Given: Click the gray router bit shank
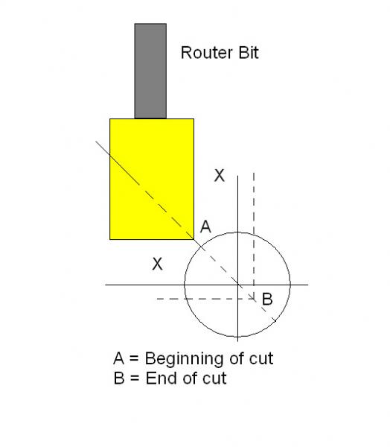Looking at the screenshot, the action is coord(150,71).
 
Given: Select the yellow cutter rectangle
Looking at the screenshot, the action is coord(152,179).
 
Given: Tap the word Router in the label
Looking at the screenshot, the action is coord(207,53).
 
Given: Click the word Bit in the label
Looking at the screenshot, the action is coord(249,53).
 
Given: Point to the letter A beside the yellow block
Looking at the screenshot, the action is coord(205,227).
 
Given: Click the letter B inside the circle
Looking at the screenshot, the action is coord(267,299).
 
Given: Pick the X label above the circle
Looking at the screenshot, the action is coord(219,176).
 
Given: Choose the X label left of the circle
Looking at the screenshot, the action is coord(157,264).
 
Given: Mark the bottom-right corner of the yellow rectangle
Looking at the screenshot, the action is coord(194,239).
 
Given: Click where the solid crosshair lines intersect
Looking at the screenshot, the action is coord(238,285).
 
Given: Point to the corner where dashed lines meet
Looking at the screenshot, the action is coord(254,299).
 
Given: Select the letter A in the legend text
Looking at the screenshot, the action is coord(119,358).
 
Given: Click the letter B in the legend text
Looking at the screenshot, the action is coord(119,378).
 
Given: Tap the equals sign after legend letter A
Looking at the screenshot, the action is coord(134,359).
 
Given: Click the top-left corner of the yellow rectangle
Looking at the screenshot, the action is coord(110,119).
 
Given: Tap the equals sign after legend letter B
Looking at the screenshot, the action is coord(135,379).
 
